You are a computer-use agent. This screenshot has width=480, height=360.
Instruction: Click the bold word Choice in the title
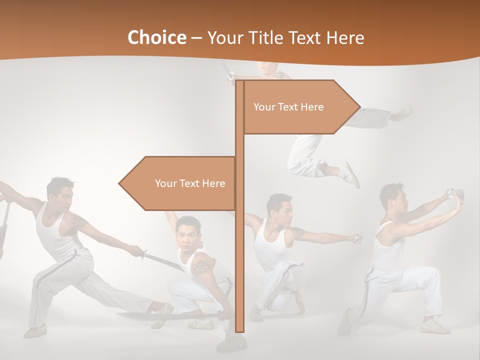tap(156, 38)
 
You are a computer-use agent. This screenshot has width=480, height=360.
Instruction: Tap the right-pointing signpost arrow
tap(300, 107)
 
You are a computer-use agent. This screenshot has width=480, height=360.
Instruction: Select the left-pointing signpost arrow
tap(177, 183)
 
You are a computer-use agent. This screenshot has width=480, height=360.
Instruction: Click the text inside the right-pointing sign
tap(288, 107)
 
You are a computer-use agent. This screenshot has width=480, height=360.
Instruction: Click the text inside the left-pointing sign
tap(190, 183)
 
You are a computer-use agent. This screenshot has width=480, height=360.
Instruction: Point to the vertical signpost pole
tap(239, 250)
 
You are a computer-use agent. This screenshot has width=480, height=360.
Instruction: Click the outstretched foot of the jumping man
tap(403, 113)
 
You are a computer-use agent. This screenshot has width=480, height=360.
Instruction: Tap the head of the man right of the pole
tap(278, 207)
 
